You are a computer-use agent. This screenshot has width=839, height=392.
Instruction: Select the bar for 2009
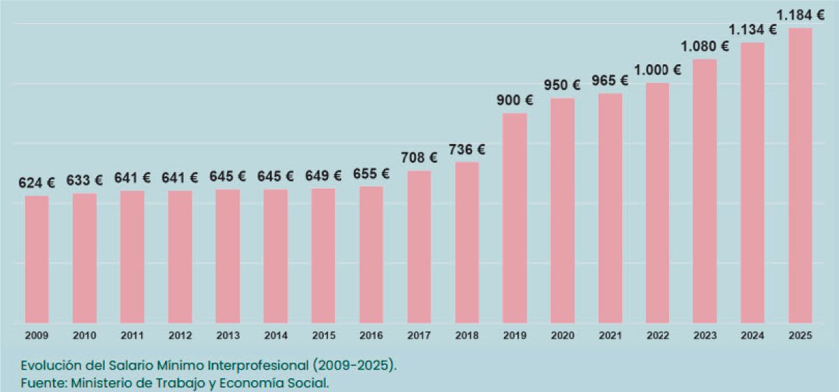click(36, 259)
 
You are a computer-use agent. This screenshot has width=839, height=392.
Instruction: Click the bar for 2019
click(515, 218)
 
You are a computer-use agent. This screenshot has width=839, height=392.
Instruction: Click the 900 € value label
click(515, 101)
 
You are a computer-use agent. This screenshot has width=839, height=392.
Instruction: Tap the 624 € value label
click(37, 183)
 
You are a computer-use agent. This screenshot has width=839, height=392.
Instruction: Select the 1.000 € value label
click(657, 71)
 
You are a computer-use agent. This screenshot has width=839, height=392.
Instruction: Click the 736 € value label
click(467, 150)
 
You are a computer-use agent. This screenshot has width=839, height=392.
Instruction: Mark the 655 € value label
click(371, 174)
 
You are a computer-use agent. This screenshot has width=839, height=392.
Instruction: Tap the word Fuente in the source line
click(41, 382)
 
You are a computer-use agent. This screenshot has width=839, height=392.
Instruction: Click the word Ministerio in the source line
click(102, 382)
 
